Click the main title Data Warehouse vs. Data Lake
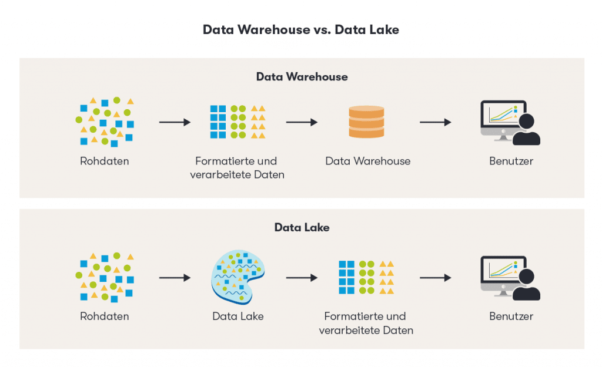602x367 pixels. pos(301,30)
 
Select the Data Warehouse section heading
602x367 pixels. pos(302,77)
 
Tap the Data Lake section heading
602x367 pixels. pos(302,227)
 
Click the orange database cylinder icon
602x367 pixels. pos(366,122)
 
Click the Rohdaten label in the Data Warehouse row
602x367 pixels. pos(104,161)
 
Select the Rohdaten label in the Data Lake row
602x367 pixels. pos(104,317)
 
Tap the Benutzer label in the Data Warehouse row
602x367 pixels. pos(511,161)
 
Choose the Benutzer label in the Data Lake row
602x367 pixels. pos(511,317)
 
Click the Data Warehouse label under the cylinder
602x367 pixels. pos(367,161)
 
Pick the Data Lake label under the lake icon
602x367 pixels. pos(238,317)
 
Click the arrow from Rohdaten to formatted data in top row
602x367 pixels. pos(175,122)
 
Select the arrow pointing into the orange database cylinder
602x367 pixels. pos(302,122)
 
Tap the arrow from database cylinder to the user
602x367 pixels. pos(435,122)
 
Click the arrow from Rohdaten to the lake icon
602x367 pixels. pos(175,278)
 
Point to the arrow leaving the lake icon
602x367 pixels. pos(302,278)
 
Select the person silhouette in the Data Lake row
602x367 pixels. pos(526,286)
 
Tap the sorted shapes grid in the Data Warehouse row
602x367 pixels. pos(238,122)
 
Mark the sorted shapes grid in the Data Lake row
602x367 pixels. pos(366,277)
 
